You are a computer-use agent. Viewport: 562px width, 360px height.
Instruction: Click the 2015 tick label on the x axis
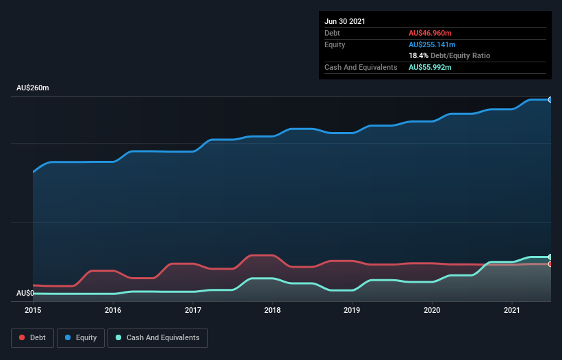pos(33,310)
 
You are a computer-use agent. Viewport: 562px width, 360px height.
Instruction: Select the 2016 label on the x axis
pos(113,310)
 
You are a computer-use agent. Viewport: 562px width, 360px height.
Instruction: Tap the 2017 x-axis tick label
pos(193,310)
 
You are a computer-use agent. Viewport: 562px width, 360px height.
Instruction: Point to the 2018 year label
pos(272,310)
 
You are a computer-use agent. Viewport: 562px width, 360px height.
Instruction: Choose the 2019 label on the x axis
pos(352,310)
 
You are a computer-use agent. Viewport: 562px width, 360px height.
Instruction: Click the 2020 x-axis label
pos(432,310)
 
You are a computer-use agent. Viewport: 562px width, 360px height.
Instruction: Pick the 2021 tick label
pos(511,310)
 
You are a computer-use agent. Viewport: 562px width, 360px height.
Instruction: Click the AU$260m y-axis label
pos(33,88)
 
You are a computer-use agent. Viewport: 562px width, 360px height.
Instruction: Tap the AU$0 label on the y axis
pos(25,293)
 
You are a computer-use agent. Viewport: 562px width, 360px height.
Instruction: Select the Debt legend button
pos(33,337)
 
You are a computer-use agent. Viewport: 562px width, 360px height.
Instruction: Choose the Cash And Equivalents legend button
pos(157,337)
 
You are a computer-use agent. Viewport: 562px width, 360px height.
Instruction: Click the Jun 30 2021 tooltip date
pos(345,21)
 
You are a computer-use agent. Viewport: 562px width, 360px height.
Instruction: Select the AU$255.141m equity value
pos(432,44)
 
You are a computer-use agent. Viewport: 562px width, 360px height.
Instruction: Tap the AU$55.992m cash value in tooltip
pos(430,67)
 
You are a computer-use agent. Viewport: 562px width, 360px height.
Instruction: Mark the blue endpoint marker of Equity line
pos(550,100)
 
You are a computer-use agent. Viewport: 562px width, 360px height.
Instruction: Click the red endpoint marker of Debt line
pos(550,263)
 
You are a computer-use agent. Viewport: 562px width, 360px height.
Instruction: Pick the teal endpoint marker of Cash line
pos(550,257)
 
